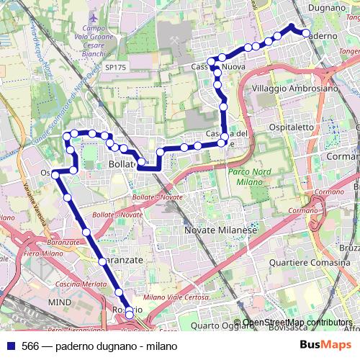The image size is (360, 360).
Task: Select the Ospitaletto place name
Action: [x=292, y=127]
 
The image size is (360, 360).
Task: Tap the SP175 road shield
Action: [x=114, y=67]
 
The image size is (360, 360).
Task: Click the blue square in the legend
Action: [x=10, y=346]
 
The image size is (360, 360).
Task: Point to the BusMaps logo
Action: [x=325, y=346]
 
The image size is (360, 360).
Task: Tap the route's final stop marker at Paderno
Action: [x=305, y=34]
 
